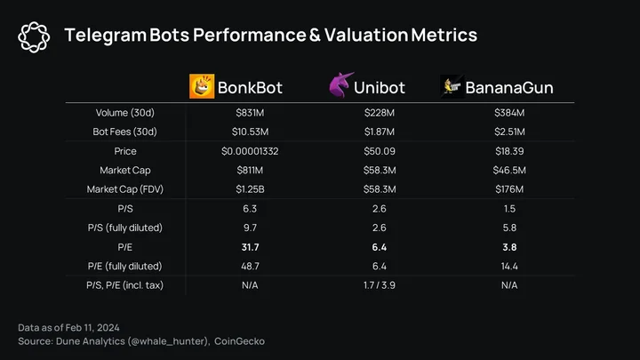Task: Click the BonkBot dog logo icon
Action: (x=202, y=86)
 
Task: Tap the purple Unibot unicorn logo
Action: (x=340, y=85)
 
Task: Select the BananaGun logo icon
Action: (x=452, y=86)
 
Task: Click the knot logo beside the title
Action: (x=34, y=37)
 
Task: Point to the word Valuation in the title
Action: (x=366, y=35)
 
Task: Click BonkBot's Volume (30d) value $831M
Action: (x=250, y=113)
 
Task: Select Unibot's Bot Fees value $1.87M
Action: (x=380, y=132)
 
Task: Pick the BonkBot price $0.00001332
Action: (x=250, y=151)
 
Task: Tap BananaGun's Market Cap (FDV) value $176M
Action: (x=509, y=189)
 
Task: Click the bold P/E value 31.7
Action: (x=250, y=247)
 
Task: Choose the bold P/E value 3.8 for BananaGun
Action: (x=509, y=247)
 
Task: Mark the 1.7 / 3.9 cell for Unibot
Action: (x=380, y=285)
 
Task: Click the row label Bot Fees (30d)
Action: (x=125, y=132)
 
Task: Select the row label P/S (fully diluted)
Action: (x=125, y=228)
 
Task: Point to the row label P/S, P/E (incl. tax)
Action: (x=125, y=285)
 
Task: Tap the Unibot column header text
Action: (x=380, y=88)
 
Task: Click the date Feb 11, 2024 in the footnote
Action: (x=92, y=328)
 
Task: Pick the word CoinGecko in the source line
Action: (x=240, y=341)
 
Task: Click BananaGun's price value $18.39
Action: (x=509, y=151)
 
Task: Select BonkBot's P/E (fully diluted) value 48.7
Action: (x=250, y=266)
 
